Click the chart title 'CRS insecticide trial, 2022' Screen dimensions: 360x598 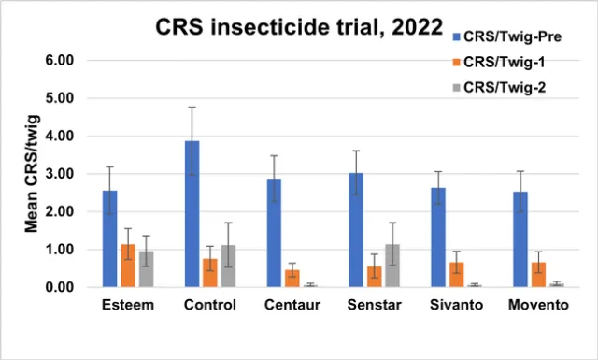(x=298, y=28)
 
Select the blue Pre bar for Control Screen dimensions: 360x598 (x=191, y=214)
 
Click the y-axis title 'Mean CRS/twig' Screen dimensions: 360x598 (x=30, y=174)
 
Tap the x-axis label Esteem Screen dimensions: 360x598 (x=128, y=307)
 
